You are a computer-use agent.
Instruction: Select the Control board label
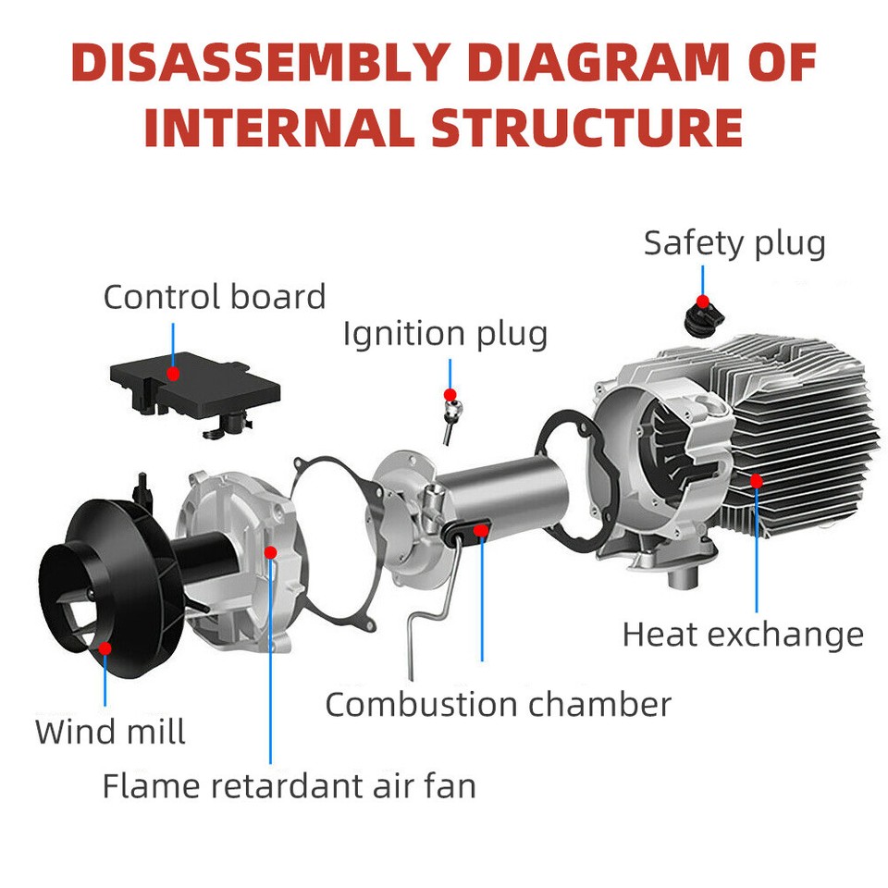click(x=215, y=297)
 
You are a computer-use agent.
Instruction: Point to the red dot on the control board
click(x=173, y=373)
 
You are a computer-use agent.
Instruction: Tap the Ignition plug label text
click(x=445, y=333)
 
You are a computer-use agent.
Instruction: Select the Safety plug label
click(x=734, y=243)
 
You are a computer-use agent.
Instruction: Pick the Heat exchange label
click(x=743, y=635)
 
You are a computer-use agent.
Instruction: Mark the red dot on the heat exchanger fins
click(x=757, y=480)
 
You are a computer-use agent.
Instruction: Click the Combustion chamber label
click(x=498, y=705)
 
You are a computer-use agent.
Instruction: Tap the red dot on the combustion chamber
click(x=481, y=529)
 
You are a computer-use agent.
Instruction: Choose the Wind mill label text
click(x=111, y=732)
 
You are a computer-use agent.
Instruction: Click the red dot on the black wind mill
click(x=105, y=648)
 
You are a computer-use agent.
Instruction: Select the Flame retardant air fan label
click(x=289, y=786)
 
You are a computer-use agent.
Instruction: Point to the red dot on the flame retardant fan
click(x=270, y=552)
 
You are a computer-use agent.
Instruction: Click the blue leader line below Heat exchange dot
click(x=757, y=555)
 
